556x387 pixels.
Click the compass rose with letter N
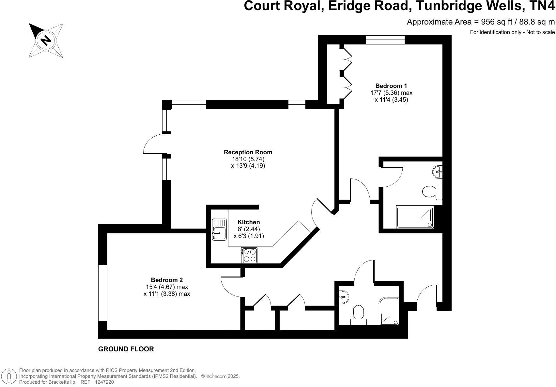[46, 40]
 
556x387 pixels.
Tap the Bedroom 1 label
[391, 86]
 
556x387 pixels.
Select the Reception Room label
[248, 152]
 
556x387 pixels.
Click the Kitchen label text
[249, 222]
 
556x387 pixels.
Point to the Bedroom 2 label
[167, 280]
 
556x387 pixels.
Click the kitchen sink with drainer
[219, 229]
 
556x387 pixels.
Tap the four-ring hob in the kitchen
[250, 255]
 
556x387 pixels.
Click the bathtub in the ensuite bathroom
[415, 217]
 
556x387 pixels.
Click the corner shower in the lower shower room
[389, 311]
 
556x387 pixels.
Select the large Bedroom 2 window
[103, 293]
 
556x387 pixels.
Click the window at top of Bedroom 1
[385, 40]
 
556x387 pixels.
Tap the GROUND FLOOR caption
[126, 349]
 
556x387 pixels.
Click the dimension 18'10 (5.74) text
[248, 159]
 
